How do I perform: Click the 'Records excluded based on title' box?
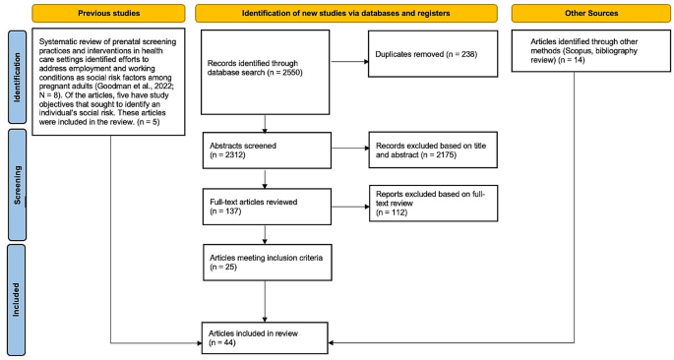[x=431, y=147]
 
